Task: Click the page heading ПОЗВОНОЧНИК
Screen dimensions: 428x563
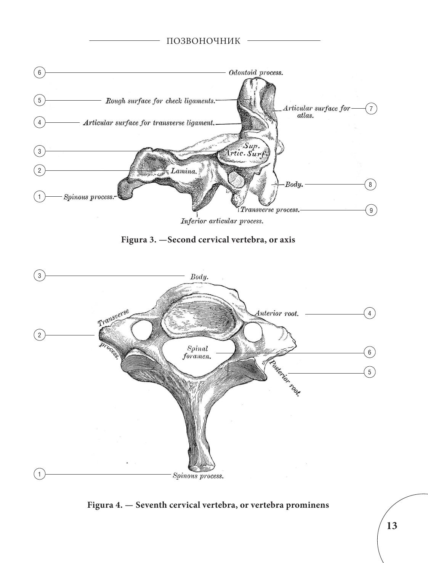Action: [x=204, y=41]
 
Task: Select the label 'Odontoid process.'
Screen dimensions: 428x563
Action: [x=255, y=72]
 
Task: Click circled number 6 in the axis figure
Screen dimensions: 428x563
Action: [x=39, y=72]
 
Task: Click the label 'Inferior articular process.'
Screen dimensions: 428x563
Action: [x=221, y=221]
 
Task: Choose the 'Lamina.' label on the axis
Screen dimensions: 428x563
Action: [x=183, y=172]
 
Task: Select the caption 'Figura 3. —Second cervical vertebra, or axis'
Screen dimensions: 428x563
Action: [x=208, y=240]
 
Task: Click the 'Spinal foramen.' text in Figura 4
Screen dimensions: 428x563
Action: [x=197, y=353]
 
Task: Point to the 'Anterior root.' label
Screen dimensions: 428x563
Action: [x=277, y=314]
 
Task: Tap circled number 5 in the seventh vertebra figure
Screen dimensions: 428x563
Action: [x=369, y=372]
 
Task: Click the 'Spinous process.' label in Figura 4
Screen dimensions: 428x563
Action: [x=198, y=476]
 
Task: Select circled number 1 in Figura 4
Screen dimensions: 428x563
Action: [x=39, y=474]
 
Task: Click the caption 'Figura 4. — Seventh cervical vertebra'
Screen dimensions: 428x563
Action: [x=208, y=505]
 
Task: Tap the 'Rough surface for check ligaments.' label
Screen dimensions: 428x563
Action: [x=160, y=101]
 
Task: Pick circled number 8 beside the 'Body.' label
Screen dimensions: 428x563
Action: [x=370, y=185]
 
